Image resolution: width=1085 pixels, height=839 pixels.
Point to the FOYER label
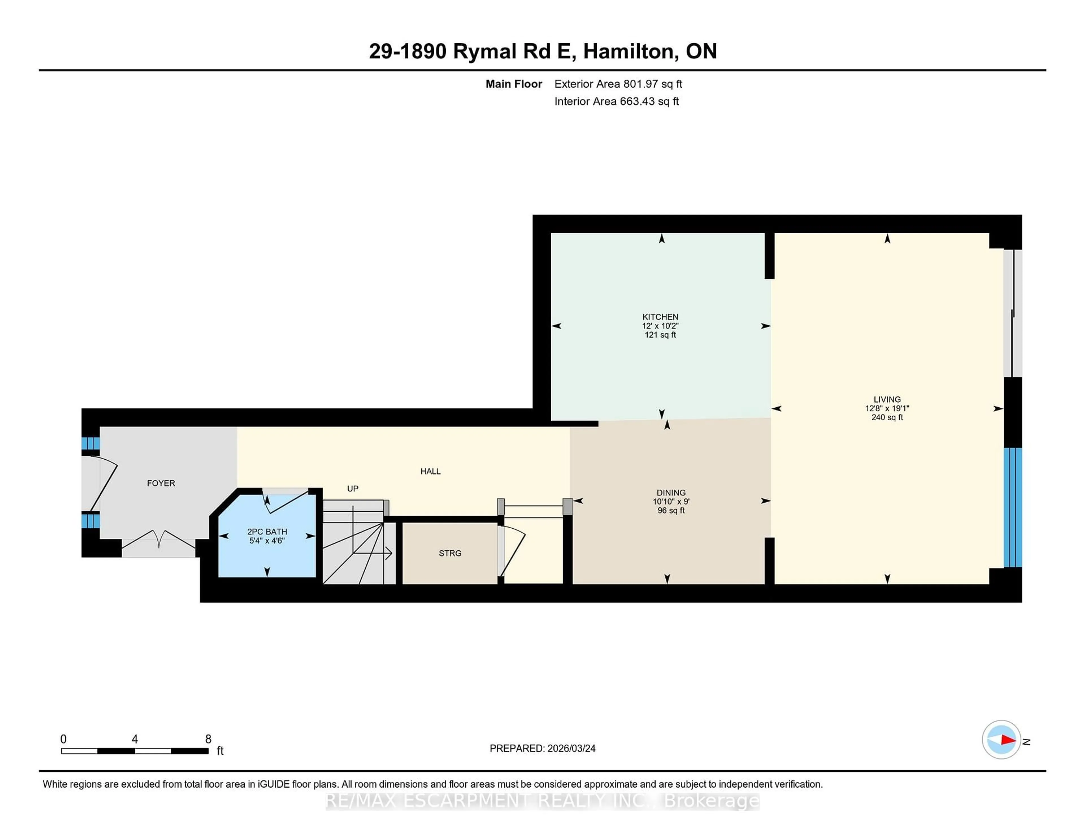(161, 483)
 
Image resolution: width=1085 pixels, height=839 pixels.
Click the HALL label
(430, 471)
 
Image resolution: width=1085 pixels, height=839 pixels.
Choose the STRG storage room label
(450, 553)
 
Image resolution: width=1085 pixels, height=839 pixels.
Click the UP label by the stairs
(353, 488)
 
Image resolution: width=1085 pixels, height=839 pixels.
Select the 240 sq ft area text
(887, 418)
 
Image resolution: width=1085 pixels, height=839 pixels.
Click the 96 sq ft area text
(671, 511)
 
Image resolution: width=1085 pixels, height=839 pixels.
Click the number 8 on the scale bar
(208, 739)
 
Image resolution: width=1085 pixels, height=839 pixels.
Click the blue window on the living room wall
(1012, 507)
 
